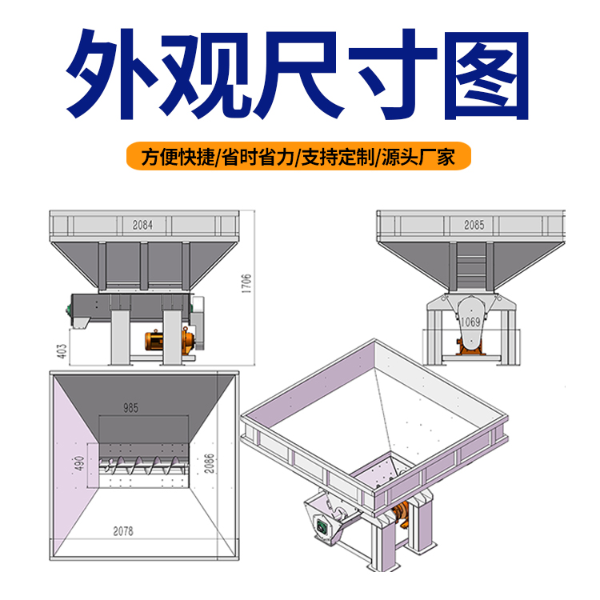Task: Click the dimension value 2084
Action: tap(142, 225)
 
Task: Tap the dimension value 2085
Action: tap(474, 225)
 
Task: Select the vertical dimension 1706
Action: tap(246, 283)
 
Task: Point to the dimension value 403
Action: tap(62, 351)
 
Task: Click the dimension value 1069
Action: tap(470, 322)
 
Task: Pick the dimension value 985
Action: tap(130, 408)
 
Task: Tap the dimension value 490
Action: tap(79, 463)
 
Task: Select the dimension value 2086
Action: tap(209, 463)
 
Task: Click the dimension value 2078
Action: tap(123, 531)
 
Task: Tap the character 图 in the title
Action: tap(486, 75)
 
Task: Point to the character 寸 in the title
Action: tap(393, 74)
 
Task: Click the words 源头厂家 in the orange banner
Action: tap(418, 157)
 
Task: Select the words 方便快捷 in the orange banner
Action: tap(178, 157)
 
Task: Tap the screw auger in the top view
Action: tap(143, 466)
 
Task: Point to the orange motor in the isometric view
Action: tap(401, 514)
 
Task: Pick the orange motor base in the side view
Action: tap(470, 347)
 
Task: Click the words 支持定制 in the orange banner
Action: tap(338, 157)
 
